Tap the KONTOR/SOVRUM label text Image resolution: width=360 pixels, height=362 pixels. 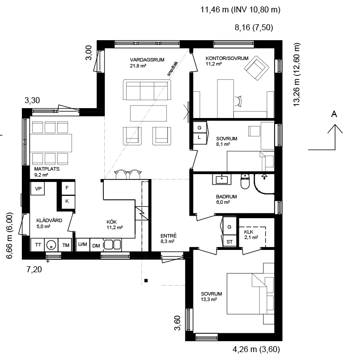pos(227,59)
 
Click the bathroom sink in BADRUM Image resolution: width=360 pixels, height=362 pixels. pos(220,179)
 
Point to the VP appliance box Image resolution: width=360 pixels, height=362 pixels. pos(38,189)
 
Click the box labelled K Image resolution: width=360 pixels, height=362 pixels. pos(67,201)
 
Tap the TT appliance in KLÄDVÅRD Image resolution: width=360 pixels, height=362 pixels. pos(38,245)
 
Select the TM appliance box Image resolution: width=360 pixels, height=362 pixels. pos(66,245)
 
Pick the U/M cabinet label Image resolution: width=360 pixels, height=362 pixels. pos(82,245)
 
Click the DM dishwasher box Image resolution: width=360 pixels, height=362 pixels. pos(96,245)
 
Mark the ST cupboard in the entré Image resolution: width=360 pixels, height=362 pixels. pos(229,241)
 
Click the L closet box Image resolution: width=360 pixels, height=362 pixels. pos(199,137)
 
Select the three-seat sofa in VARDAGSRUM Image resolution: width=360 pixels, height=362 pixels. pos(146,91)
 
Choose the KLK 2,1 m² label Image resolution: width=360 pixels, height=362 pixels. pos(251,234)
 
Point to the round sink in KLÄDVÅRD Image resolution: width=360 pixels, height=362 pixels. pos(52,245)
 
